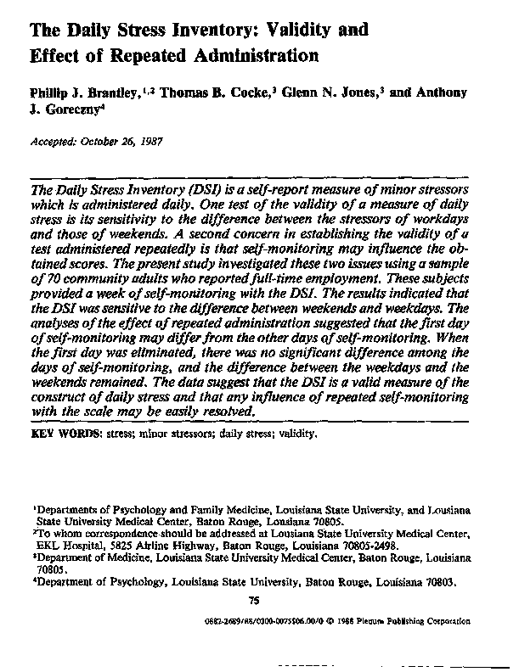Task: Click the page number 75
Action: [252, 602]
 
